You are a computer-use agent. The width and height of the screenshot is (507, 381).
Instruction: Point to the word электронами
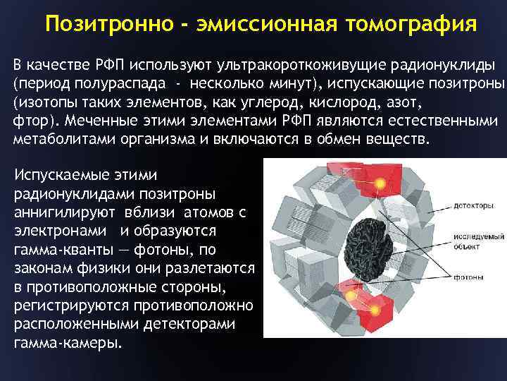58,230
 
